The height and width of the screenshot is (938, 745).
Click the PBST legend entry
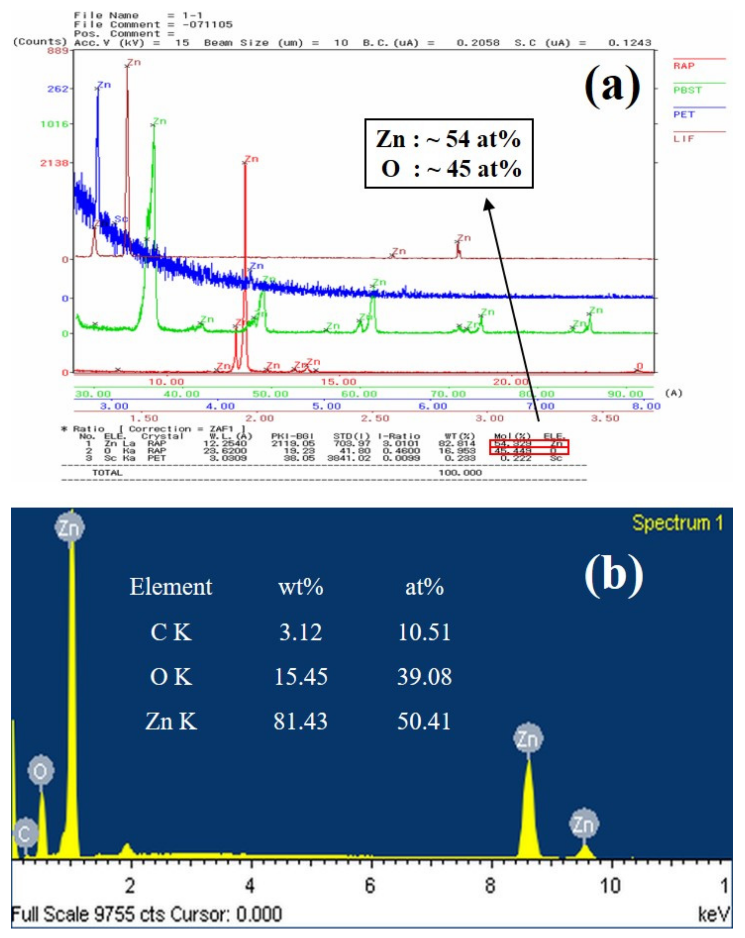(x=688, y=90)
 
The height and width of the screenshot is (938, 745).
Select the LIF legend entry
(x=684, y=139)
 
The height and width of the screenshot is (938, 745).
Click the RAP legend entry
(x=684, y=66)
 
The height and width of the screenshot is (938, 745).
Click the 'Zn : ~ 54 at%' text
(x=449, y=139)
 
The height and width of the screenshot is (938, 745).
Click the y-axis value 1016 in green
(x=54, y=124)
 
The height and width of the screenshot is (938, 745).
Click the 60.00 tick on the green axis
(x=359, y=394)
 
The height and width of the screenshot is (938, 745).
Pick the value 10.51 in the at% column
(x=424, y=632)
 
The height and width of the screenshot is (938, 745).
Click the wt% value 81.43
(x=300, y=721)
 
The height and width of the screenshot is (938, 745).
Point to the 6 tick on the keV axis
(x=370, y=886)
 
